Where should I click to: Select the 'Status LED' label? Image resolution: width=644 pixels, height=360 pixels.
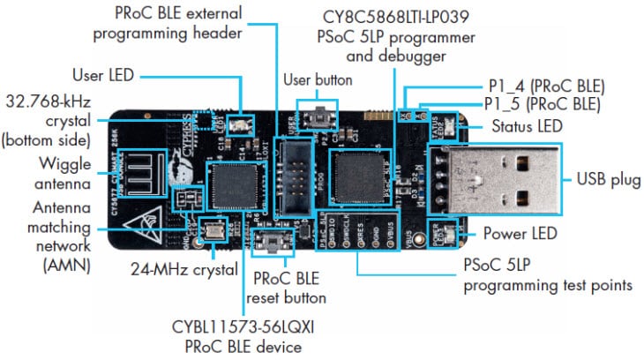click(524, 126)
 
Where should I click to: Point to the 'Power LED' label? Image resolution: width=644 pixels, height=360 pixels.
click(520, 234)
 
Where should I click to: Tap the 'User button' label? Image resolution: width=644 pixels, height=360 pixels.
click(317, 79)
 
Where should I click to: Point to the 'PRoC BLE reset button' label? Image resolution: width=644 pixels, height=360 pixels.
click(289, 287)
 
